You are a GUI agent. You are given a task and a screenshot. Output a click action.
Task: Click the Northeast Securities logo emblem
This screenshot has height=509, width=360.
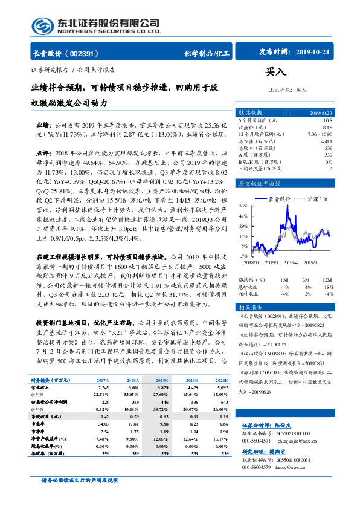coord(42,25)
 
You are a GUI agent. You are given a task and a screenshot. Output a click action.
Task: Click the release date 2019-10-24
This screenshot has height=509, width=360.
coord(316,53)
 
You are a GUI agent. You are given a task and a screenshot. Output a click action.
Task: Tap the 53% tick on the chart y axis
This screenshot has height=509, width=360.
coord(243,206)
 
